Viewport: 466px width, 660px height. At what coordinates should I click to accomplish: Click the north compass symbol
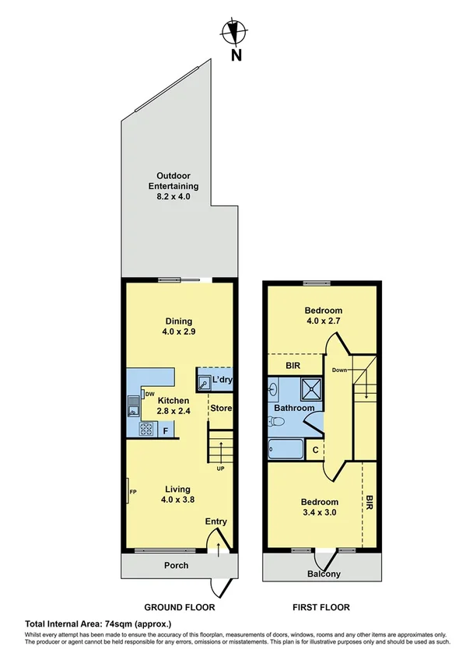point(233,33)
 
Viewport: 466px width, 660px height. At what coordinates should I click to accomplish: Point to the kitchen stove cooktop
point(145,429)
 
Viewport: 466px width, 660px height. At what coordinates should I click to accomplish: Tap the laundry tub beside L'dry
point(204,382)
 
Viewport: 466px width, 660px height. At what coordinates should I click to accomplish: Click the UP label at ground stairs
point(221,469)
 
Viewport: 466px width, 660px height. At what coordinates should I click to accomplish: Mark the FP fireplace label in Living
point(133,492)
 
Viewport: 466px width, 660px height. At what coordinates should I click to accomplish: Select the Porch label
point(177,565)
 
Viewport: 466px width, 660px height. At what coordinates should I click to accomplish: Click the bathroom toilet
point(275,421)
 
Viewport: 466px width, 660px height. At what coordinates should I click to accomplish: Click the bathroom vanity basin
point(273,388)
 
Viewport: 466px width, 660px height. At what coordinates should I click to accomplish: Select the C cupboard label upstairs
point(315,449)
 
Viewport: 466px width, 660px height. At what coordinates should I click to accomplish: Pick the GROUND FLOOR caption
point(180,607)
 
